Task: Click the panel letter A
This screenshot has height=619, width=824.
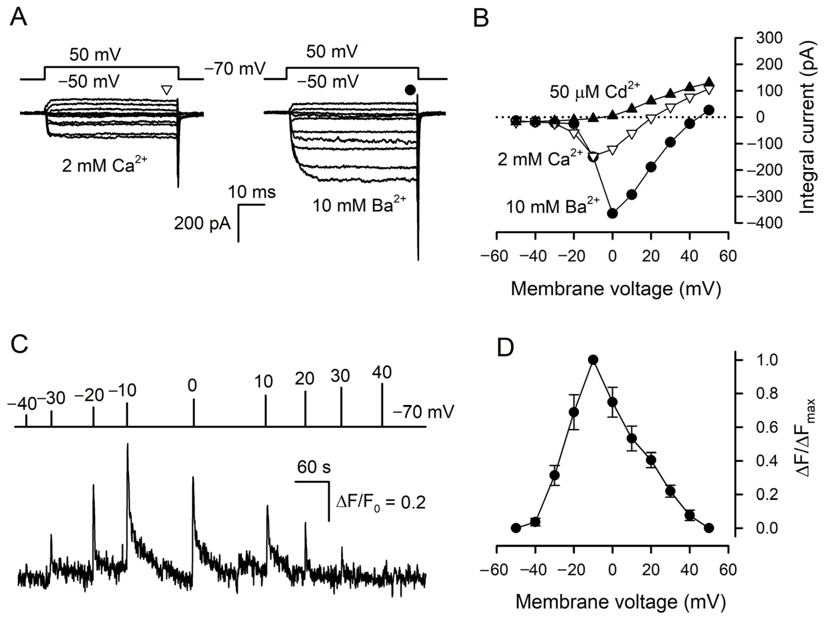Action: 18,18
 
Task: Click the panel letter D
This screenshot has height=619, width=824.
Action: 506,348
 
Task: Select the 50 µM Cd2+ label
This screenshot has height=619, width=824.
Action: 594,91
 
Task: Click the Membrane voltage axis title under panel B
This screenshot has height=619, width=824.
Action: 615,289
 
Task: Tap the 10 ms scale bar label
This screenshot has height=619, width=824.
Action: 252,192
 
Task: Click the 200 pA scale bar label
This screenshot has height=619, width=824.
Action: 202,224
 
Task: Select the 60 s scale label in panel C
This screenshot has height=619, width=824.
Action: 314,467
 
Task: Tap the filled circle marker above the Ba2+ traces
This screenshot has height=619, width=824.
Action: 410,90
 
